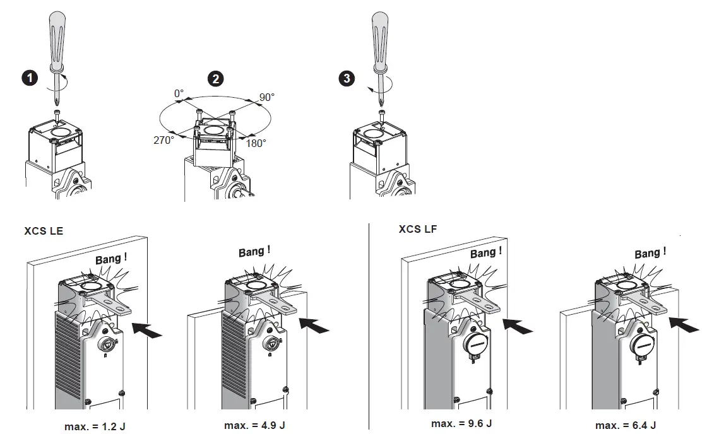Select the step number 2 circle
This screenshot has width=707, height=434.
click(x=216, y=79)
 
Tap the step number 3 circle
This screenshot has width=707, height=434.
click(x=347, y=78)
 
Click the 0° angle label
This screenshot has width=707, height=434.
click(x=179, y=93)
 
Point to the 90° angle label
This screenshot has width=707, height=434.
click(x=267, y=98)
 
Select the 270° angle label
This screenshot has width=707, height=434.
click(x=163, y=140)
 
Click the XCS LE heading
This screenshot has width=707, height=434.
click(x=44, y=231)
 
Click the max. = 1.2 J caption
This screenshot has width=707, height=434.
click(x=95, y=426)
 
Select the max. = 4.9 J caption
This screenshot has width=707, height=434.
click(x=255, y=425)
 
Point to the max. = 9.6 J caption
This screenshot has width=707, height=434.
click(x=461, y=423)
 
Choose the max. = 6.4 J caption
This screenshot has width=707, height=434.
click(x=626, y=425)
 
